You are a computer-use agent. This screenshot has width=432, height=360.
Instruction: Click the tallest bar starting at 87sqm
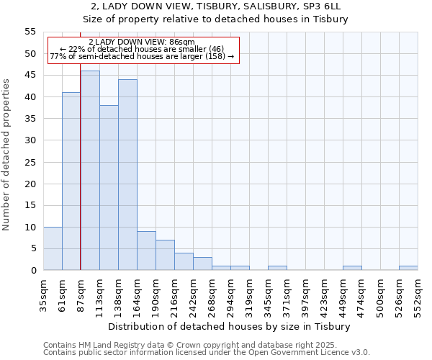[90, 171]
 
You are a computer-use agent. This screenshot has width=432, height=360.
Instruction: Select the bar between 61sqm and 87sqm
[71, 181]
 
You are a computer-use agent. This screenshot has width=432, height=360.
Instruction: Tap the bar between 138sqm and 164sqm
[127, 175]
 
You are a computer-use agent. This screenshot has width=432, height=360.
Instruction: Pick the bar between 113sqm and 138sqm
[109, 188]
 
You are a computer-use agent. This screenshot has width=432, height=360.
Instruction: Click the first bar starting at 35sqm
[53, 248]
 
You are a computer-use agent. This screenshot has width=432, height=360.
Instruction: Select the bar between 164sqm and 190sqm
[146, 251]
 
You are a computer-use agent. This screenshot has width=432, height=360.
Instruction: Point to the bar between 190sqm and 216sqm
[165, 255]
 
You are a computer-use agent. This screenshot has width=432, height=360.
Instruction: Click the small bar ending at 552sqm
[408, 268]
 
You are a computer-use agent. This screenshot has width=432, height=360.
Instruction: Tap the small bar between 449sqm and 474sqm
[352, 268]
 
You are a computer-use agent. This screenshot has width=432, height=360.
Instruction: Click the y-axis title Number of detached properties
[7, 155]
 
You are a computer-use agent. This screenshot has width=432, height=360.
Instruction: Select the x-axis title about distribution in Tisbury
[230, 326]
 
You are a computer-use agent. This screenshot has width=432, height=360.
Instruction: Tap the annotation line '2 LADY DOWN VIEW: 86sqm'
[141, 42]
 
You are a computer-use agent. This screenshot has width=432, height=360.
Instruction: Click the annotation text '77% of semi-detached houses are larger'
[141, 56]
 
